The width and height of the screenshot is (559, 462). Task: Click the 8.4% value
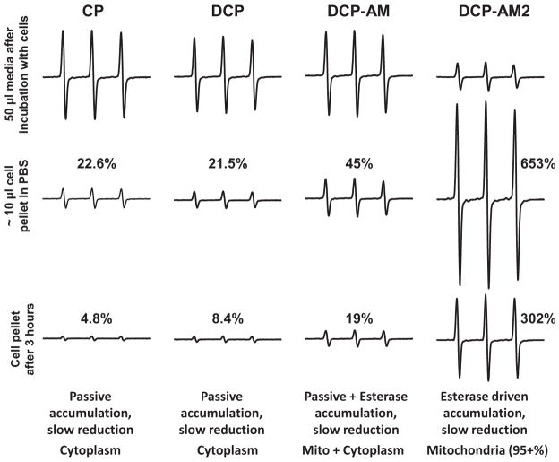(223, 316)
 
